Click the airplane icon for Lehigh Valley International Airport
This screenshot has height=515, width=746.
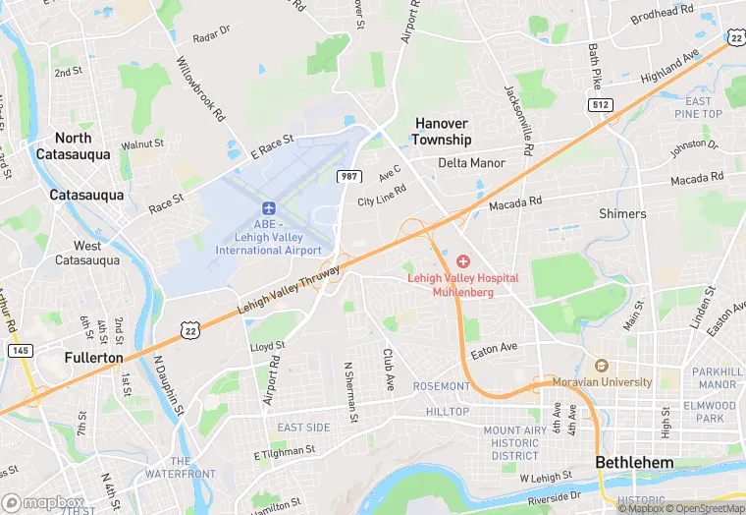pos(268,208)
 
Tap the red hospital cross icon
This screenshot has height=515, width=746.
pos(463,261)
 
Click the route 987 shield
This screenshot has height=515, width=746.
pos(348,175)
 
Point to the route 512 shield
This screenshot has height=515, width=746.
pos(601,104)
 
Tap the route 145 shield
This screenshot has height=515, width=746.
pos(19,350)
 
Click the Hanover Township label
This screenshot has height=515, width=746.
pos(442,132)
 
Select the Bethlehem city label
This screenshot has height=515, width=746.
pos(635,462)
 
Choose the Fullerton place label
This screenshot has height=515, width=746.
pos(94,358)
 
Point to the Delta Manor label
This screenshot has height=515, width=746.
pos(471,163)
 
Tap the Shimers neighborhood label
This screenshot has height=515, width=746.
pos(622,213)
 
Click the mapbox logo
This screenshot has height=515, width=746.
pos(43,502)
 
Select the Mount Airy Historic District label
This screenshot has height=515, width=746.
pos(515,443)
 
